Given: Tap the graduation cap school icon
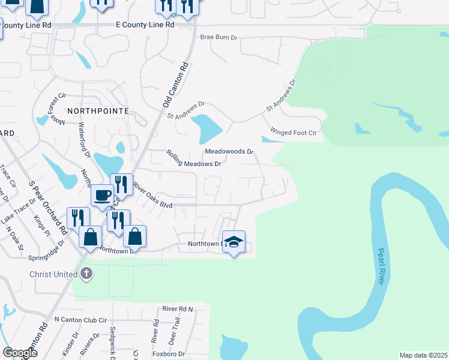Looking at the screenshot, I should click(x=234, y=242).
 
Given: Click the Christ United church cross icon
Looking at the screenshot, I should click(x=86, y=274).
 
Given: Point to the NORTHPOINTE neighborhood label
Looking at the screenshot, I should click(x=98, y=111).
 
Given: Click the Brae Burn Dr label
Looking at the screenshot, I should click(x=219, y=37).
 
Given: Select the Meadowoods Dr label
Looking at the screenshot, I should click(x=229, y=152).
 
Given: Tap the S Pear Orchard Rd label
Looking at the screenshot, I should click(x=47, y=207).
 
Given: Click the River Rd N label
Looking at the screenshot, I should click(x=178, y=308).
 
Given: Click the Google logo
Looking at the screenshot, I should click(x=20, y=352).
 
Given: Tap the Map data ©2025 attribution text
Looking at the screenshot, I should click(x=423, y=355).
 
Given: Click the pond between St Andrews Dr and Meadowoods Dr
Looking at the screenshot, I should click(x=206, y=127).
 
